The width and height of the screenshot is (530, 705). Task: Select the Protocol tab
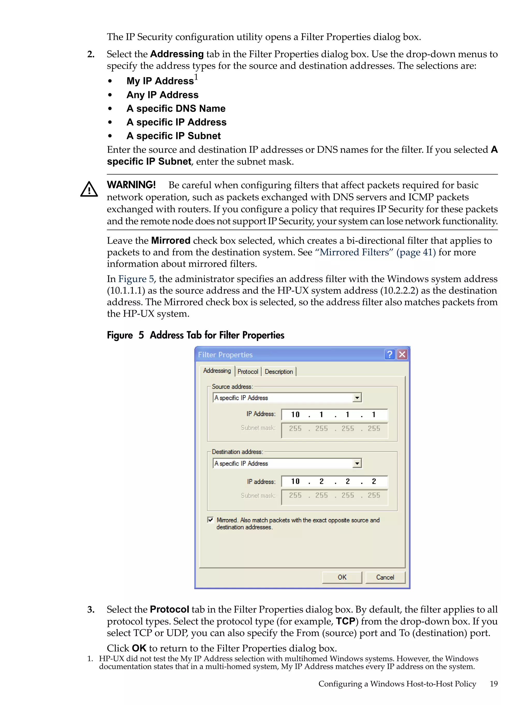248,372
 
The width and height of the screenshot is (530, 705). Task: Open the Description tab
278,372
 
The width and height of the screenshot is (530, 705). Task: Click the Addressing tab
217,371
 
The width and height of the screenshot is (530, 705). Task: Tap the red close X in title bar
402,354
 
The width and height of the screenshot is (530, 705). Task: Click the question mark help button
389,354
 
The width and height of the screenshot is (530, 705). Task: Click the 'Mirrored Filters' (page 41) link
375,252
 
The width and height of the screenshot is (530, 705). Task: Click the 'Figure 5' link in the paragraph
136,279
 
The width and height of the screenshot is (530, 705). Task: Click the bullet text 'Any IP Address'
163,95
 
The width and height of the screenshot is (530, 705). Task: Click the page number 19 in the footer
494,684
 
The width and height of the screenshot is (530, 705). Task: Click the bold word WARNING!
131,185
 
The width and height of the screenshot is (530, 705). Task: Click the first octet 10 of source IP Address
295,415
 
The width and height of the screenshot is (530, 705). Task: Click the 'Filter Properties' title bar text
225,355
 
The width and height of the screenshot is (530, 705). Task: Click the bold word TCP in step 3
345,621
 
